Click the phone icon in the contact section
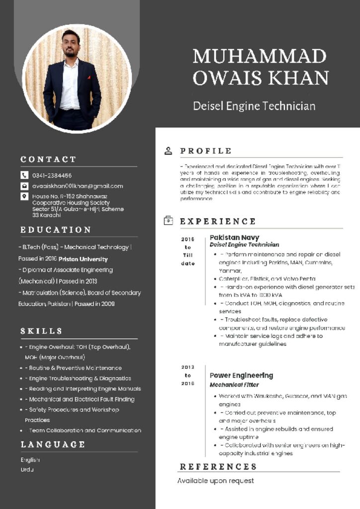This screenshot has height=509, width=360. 24,175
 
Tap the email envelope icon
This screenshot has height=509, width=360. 24,186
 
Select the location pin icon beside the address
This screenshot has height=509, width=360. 24,196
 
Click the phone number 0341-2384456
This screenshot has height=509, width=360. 52,175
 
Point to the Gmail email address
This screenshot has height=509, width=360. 78,186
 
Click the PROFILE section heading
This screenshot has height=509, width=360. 206,151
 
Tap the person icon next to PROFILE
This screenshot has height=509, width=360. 169,151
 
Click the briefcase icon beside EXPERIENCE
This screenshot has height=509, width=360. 169,220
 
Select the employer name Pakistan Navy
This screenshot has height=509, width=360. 234,238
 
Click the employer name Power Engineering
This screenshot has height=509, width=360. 241,375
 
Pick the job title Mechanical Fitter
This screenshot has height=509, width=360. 234,385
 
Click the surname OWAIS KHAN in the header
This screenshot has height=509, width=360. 261,78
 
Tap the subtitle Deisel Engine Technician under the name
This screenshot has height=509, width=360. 254,106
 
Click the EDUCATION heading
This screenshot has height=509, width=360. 56,230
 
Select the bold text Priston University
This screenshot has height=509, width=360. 83,259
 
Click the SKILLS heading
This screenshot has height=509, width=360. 41,331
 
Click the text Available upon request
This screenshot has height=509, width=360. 216,481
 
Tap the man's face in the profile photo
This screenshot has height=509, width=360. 71,44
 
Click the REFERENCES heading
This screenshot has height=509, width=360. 218,467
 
